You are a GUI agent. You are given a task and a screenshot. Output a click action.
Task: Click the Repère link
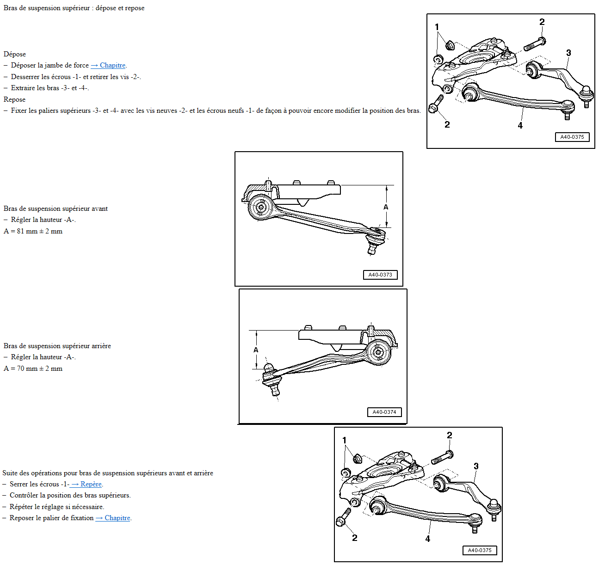86,484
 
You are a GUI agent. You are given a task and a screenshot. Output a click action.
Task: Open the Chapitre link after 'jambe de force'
108,65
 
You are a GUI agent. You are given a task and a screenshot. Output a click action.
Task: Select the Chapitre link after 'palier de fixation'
113,518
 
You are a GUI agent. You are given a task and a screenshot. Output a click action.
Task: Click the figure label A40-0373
380,275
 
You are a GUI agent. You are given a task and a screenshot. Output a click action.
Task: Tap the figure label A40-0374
384,412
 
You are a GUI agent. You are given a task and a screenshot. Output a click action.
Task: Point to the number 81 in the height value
21,231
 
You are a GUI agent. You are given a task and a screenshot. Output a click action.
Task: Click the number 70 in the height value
21,368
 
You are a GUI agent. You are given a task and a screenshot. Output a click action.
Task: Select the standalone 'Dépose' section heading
15,54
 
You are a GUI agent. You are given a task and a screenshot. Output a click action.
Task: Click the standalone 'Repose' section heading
14,99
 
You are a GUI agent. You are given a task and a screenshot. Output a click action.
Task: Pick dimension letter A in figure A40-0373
386,207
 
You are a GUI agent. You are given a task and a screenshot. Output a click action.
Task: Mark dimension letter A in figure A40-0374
256,350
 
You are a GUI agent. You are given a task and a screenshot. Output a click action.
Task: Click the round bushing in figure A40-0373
261,207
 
